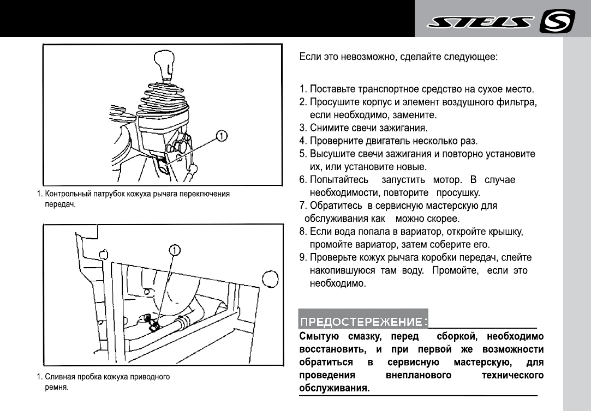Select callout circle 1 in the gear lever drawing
[222, 134]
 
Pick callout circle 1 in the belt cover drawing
[174, 250]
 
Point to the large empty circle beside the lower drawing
[272, 280]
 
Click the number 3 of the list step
[302, 128]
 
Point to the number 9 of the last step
[302, 257]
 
